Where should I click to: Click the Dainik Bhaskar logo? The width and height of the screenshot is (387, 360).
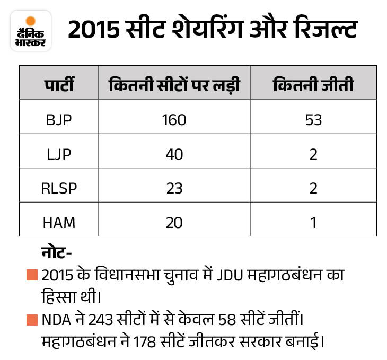(31, 32)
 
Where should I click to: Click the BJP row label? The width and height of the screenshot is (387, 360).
(59, 119)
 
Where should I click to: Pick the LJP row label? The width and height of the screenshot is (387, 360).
(59, 154)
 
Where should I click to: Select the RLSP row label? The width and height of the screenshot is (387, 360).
(59, 188)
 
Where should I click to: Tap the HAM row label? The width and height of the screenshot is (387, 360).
(59, 222)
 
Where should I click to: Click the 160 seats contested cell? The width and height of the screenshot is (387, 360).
(174, 119)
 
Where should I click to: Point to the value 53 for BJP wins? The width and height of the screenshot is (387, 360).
(313, 119)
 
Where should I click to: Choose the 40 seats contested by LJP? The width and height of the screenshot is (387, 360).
(174, 154)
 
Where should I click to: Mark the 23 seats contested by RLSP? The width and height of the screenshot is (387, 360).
(174, 188)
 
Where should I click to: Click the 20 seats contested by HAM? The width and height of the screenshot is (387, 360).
(174, 222)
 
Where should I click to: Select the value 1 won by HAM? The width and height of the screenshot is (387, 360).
(313, 222)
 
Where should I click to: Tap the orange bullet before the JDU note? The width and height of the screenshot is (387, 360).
(32, 276)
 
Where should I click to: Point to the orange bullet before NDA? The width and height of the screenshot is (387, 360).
(32, 320)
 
